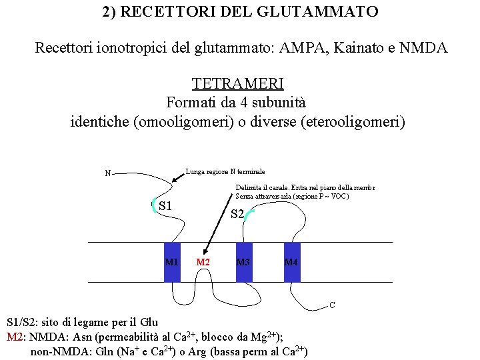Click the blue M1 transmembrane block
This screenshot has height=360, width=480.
point(172,262)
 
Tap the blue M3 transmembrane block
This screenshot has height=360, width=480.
point(244,262)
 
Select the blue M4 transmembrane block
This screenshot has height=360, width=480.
point(291,262)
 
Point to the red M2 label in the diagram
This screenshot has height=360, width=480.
point(203,263)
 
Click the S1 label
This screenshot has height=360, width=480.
point(166,205)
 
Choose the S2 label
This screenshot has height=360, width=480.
point(237,215)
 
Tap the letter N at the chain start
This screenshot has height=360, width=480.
point(107,174)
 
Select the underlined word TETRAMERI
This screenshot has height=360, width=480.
point(238,83)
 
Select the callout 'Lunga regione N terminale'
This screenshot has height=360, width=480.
point(225,171)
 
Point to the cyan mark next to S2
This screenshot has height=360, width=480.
point(249,213)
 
